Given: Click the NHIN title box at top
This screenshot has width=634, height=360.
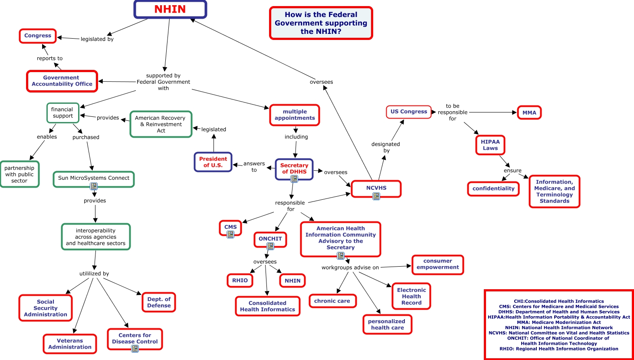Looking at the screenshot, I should pos(170,10).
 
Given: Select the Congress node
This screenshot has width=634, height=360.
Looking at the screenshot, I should pos(38,36).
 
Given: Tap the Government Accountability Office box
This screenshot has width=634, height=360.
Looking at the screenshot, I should pos(62,81).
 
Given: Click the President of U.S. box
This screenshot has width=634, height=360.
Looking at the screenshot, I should pos(213,162).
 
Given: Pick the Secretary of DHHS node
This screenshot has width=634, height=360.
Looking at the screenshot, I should pos(294,168).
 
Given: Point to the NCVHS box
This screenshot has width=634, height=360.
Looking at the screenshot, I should pos(376,188).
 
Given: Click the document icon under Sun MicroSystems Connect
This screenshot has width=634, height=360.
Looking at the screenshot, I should pos(94,186).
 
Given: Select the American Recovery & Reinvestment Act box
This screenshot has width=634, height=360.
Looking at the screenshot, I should pos(161,124).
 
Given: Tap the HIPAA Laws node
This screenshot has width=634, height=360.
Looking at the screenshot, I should pos(490,145).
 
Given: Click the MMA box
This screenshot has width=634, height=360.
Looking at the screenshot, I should pos(529,112).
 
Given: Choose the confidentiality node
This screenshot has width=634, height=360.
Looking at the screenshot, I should pos(493,188).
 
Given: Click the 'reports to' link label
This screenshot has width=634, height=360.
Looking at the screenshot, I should pos(49,58).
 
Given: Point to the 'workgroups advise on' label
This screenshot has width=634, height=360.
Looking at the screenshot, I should pos(350,268).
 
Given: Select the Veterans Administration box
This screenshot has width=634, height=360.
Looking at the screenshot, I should pos(70,343).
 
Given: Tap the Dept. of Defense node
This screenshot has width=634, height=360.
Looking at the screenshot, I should pos(159,302).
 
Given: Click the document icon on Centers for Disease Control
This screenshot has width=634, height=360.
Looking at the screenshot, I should pos(135,349).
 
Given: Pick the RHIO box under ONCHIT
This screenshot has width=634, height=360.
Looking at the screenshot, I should pos(240,281).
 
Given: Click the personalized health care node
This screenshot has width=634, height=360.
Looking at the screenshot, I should pos(387,324).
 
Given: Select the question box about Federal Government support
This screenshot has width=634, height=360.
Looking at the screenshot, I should pos(321,23).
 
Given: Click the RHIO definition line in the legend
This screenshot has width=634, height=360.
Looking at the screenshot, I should pos(558,349).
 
